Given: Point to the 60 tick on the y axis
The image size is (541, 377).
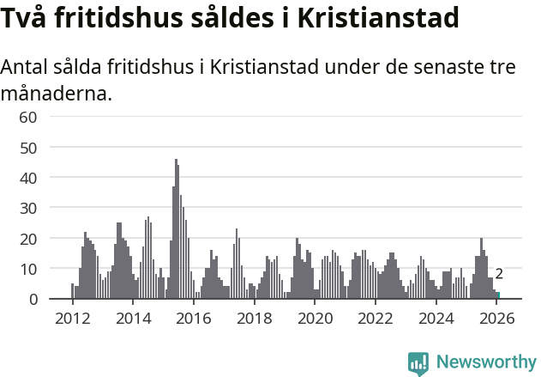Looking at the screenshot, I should click(27, 117).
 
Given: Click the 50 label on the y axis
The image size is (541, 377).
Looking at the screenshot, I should click(27, 148).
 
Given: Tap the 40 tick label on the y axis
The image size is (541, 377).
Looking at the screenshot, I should click(27, 178).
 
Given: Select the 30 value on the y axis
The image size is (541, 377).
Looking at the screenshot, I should click(27, 208).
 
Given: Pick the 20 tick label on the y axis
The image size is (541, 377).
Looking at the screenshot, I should click(27, 239).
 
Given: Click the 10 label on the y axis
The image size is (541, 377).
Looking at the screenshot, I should click(27, 269).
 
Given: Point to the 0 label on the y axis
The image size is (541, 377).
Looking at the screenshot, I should click(33, 299).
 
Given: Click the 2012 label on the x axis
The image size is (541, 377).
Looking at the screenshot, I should click(72, 319).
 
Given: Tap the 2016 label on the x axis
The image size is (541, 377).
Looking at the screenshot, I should click(194, 319).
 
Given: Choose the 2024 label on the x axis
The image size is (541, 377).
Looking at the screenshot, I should click(436, 319).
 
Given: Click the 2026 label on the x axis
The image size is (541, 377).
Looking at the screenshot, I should click(496, 319).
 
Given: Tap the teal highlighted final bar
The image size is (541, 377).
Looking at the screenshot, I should click(498, 295).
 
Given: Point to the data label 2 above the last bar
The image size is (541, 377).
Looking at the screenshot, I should click(499, 275).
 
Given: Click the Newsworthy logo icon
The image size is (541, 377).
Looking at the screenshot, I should click(418, 363).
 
